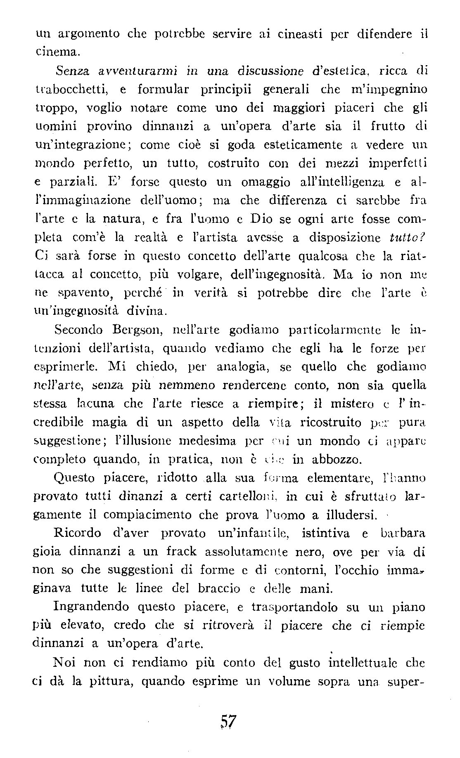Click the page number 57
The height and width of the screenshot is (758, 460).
click(x=228, y=731)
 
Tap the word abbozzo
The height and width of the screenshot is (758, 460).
click(x=327, y=459)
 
